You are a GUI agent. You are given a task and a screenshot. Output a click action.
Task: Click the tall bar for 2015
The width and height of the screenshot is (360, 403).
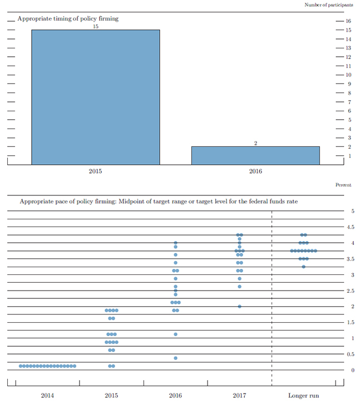[95, 97]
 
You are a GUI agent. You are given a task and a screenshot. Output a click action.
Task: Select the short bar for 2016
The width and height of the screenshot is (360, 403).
[255, 155]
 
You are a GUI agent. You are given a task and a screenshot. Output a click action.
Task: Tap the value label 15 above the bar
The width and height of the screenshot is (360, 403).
[96, 26]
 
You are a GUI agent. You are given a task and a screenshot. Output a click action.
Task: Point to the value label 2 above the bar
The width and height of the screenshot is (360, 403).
[255, 143]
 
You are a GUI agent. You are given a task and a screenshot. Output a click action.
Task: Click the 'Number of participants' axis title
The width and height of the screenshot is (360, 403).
[328, 5]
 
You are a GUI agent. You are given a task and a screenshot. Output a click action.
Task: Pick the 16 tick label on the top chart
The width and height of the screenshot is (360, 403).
[348, 21]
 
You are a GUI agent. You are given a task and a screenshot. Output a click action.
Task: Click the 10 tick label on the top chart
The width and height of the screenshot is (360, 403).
[348, 75]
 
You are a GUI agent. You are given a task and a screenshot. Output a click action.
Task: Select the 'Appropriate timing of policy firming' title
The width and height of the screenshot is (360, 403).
[68, 18]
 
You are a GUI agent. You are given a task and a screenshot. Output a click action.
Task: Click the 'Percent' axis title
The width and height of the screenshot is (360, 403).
[343, 184]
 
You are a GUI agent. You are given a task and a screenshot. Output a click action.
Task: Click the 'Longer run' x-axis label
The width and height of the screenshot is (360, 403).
[303, 395]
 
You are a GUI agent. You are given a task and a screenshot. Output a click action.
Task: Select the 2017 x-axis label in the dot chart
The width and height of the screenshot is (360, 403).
[239, 395]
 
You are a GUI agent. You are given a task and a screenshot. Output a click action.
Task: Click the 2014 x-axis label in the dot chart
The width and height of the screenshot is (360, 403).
[47, 395]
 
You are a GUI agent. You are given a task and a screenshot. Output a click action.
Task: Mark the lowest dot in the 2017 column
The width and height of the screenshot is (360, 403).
[239, 306]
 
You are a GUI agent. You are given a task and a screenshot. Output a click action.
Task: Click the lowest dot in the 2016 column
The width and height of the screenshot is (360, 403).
[175, 358]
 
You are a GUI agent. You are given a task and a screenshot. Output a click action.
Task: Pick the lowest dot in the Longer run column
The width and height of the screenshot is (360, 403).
[303, 267]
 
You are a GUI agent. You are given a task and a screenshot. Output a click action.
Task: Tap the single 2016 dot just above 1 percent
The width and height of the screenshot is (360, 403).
[175, 334]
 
